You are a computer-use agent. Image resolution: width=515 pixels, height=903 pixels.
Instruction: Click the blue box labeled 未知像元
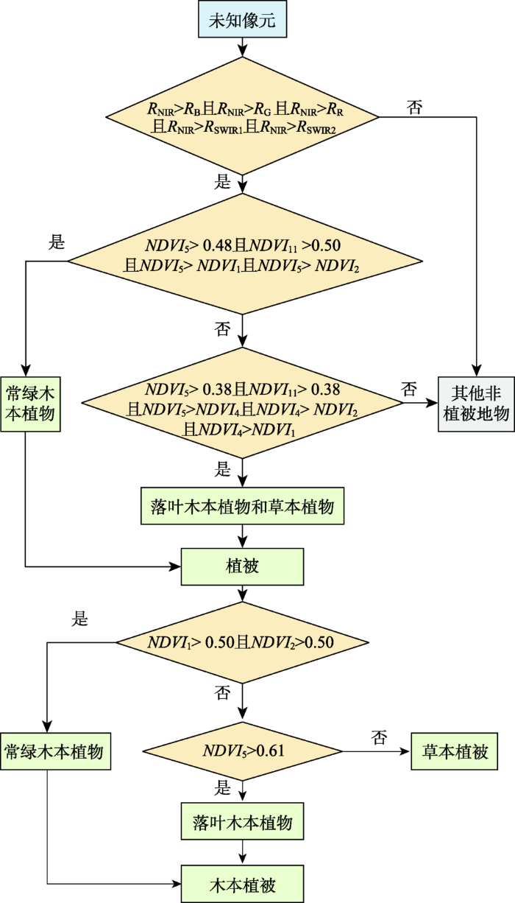click(x=242, y=19)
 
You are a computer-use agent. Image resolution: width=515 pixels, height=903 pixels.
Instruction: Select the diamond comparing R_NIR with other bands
click(x=242, y=116)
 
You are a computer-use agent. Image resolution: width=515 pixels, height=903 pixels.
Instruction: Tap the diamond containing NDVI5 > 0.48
click(x=245, y=254)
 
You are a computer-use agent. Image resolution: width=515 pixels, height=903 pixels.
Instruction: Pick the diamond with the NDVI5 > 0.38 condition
click(x=242, y=403)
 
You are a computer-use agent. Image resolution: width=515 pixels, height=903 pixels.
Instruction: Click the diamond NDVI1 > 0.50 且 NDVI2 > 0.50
click(x=242, y=642)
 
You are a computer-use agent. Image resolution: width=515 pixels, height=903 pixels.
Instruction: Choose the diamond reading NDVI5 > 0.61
click(x=242, y=751)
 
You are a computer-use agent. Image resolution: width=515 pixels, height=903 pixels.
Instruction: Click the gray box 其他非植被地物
click(x=476, y=404)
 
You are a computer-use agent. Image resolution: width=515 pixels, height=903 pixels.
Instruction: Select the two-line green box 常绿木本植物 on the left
click(x=30, y=404)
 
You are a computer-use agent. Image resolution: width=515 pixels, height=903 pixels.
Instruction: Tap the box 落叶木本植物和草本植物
click(x=242, y=506)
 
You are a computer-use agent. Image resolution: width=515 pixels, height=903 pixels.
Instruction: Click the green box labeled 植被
click(x=242, y=566)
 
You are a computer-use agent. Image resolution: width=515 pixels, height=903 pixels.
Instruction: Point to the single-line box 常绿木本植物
click(x=55, y=751)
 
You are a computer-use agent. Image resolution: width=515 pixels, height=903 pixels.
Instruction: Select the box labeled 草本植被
click(x=454, y=751)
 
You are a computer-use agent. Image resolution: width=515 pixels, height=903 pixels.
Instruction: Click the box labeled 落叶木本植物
click(x=242, y=821)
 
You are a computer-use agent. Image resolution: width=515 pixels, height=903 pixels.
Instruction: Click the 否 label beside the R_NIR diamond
click(x=414, y=108)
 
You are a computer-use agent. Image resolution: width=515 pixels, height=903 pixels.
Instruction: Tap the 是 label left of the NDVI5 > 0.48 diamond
click(x=57, y=242)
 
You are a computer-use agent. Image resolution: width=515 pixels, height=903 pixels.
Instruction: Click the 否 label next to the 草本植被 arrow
click(x=379, y=737)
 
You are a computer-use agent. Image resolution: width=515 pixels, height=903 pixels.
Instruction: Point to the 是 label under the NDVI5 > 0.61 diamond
click(x=222, y=787)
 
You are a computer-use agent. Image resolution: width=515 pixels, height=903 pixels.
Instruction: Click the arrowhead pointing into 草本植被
click(x=405, y=751)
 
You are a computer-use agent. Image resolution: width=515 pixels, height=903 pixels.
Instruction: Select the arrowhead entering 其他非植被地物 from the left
click(x=433, y=403)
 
